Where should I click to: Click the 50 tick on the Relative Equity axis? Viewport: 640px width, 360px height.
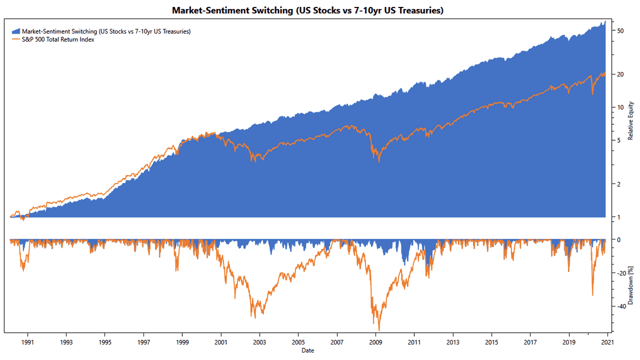pyautogui.click(x=620, y=31)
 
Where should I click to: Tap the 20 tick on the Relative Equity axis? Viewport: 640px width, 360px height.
pyautogui.click(x=620, y=74)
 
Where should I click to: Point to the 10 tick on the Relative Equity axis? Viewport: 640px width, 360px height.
pyautogui.click(x=620, y=107)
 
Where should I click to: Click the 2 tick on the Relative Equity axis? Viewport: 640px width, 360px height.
pyautogui.click(x=618, y=184)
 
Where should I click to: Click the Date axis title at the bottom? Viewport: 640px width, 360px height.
pyautogui.click(x=307, y=350)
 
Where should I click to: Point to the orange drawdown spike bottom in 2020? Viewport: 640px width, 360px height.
pyautogui.click(x=593, y=295)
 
